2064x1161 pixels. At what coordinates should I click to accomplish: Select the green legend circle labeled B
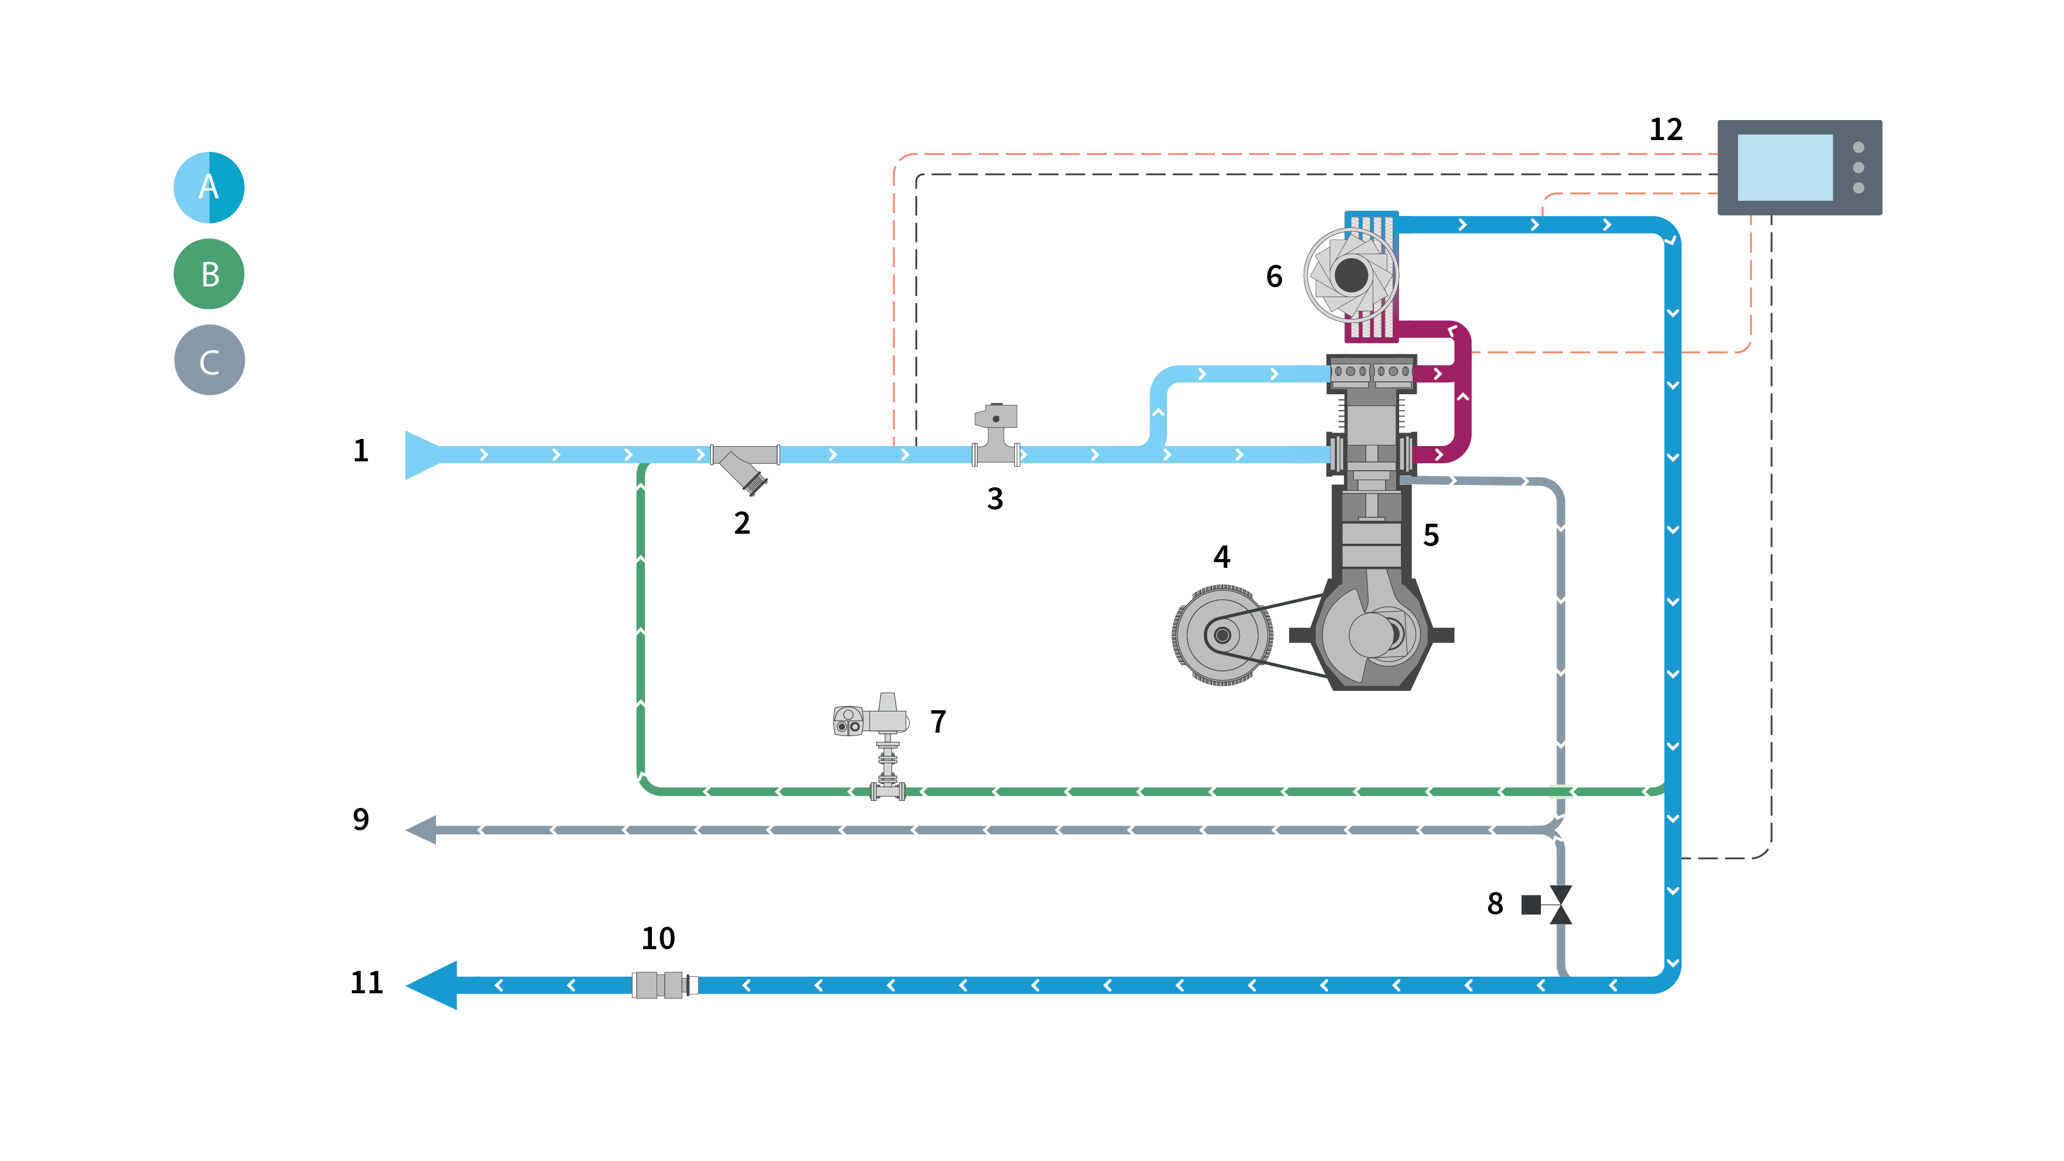pyautogui.click(x=208, y=274)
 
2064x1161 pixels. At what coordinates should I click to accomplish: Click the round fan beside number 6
pyautogui.click(x=1351, y=275)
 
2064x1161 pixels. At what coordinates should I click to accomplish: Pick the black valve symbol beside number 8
pyautogui.click(x=1560, y=904)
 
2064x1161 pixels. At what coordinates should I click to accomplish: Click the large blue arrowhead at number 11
pyautogui.click(x=432, y=984)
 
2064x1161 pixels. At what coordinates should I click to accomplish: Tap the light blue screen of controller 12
pyautogui.click(x=1785, y=168)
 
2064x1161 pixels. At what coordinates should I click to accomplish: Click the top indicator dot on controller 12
pyautogui.click(x=1858, y=148)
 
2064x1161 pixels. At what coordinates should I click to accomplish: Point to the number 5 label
pyautogui.click(x=1431, y=535)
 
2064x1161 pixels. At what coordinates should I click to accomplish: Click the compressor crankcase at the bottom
pyautogui.click(x=1371, y=633)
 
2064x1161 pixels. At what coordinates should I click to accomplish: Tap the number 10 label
pyautogui.click(x=658, y=938)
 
